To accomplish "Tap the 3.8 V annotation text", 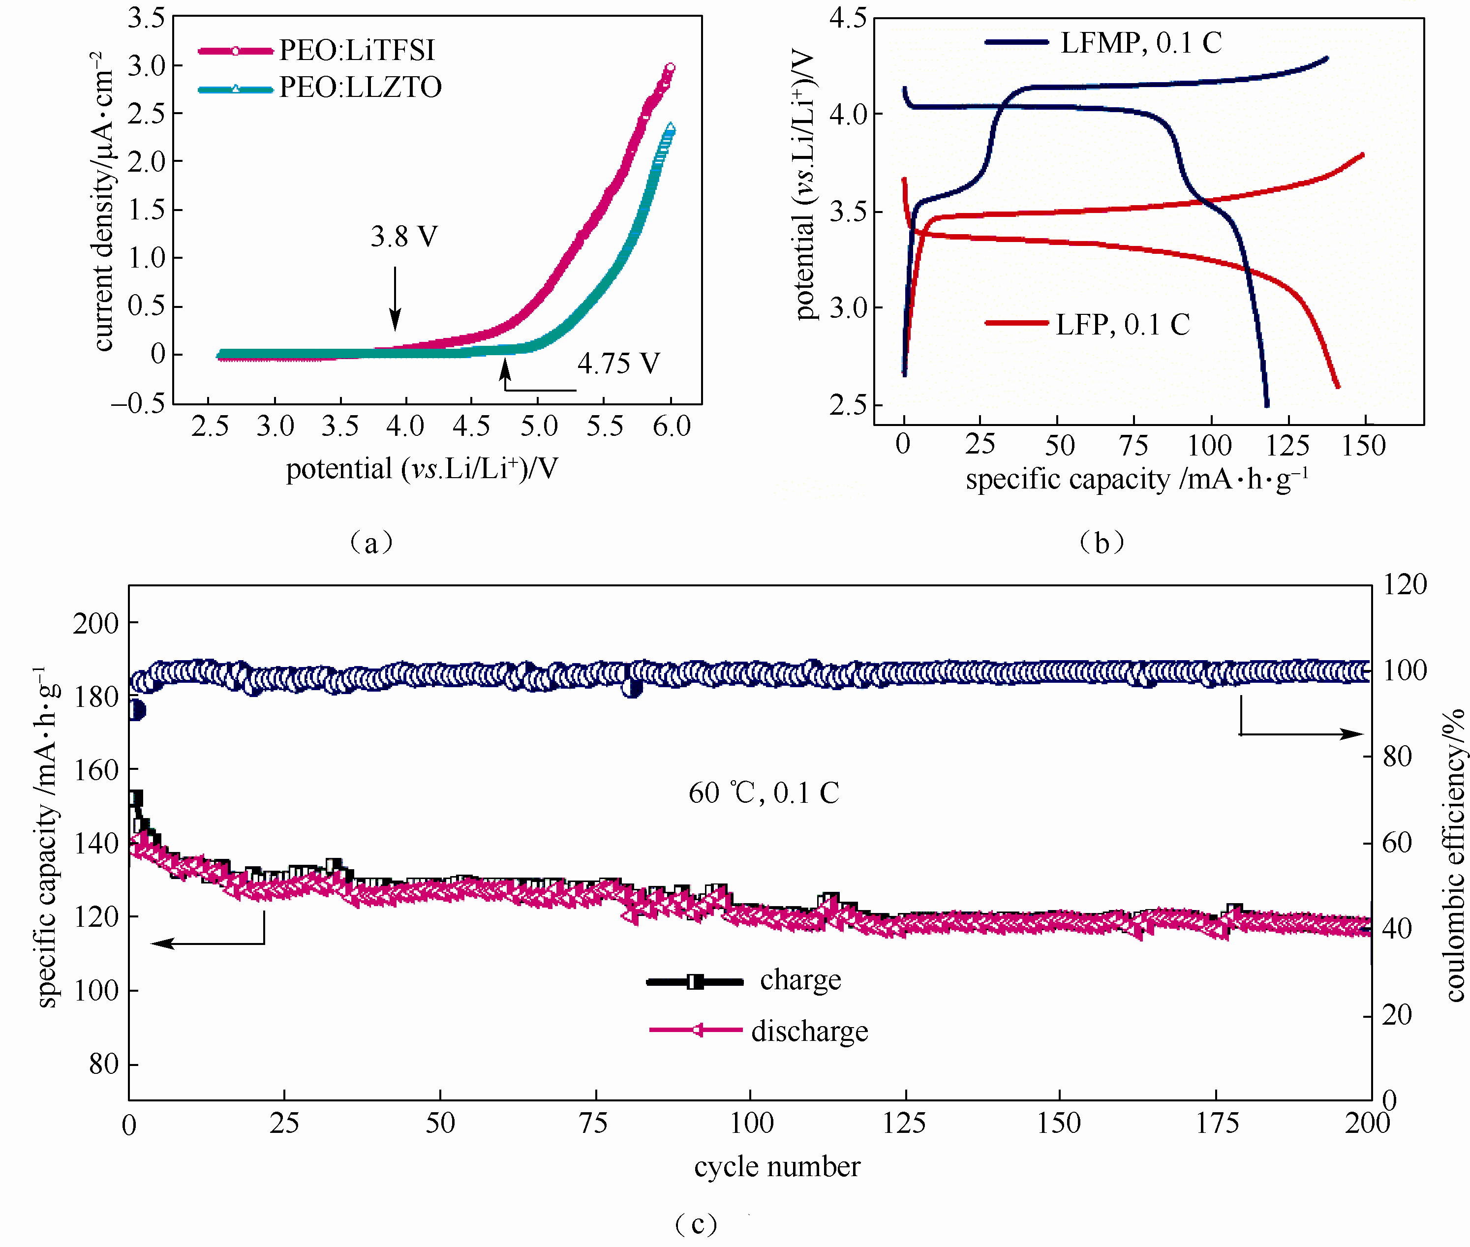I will (404, 237).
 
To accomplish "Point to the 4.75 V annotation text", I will (618, 364).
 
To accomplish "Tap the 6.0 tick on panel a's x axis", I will (671, 426).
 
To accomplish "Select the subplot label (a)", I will (371, 543).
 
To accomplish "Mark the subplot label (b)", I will (1101, 543).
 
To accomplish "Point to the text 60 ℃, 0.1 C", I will (764, 793).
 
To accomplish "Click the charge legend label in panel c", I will (800, 980).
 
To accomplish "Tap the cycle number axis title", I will (776, 1166).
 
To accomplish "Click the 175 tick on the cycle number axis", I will (1217, 1124).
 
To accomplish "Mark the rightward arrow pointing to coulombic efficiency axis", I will (1301, 734).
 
